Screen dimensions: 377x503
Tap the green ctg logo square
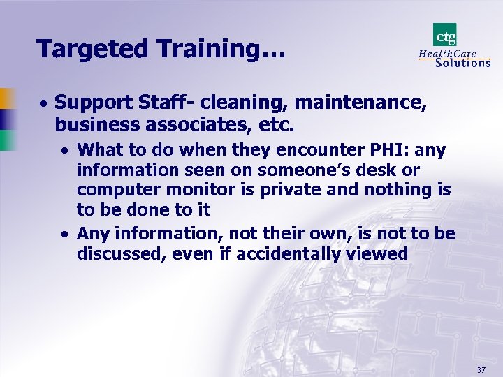(x=444, y=35)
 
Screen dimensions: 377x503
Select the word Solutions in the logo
(x=462, y=62)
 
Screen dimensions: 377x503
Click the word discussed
(x=119, y=253)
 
